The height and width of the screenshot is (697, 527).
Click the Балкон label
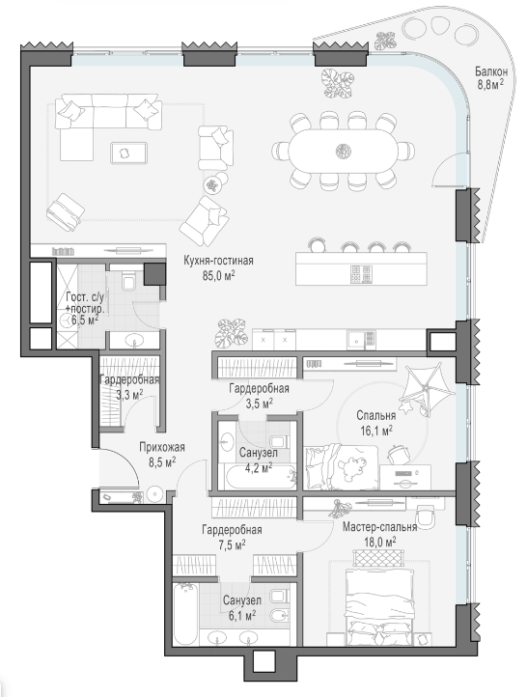(x=491, y=71)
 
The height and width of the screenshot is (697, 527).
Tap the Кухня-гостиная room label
(x=219, y=261)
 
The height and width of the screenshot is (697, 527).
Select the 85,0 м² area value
(x=219, y=276)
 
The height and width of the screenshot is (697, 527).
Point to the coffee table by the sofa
(x=128, y=152)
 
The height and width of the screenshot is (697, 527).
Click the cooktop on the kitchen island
(x=361, y=274)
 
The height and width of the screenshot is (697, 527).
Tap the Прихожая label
(x=162, y=448)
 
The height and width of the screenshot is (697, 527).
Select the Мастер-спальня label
(x=380, y=527)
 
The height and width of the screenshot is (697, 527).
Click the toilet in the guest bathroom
(x=129, y=280)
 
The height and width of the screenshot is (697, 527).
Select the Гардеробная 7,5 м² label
(x=232, y=537)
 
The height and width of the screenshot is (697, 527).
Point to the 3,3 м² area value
(x=129, y=395)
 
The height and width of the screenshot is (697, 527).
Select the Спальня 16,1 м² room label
(x=375, y=423)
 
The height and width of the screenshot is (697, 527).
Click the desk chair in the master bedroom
(x=426, y=517)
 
